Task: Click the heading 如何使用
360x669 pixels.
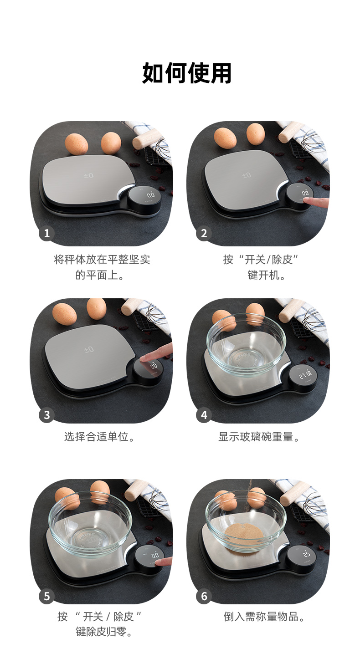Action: pos(187,73)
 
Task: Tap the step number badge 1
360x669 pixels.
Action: pos(46,233)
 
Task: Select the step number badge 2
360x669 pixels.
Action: pos(204,233)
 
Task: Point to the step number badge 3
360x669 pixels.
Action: pos(46,415)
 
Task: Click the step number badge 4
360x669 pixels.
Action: pos(204,415)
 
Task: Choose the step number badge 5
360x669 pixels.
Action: pos(46,596)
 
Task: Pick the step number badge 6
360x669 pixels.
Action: pos(204,596)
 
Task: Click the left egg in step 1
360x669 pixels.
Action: pos(77,144)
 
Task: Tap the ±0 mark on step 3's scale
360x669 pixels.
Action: pos(89,349)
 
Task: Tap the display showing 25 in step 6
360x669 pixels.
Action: pos(307,555)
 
